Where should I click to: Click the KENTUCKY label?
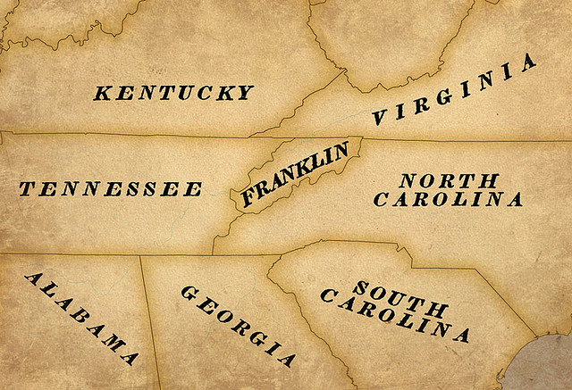pos(173,92)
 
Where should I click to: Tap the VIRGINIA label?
pos(455,89)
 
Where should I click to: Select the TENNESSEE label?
pos(111,189)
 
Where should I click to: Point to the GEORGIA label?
pos(238,326)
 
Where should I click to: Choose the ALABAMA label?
pos(80,318)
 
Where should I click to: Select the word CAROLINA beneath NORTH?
pos(448,199)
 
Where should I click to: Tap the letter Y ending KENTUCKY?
pos(245,93)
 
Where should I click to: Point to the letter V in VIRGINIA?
pos(381,116)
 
